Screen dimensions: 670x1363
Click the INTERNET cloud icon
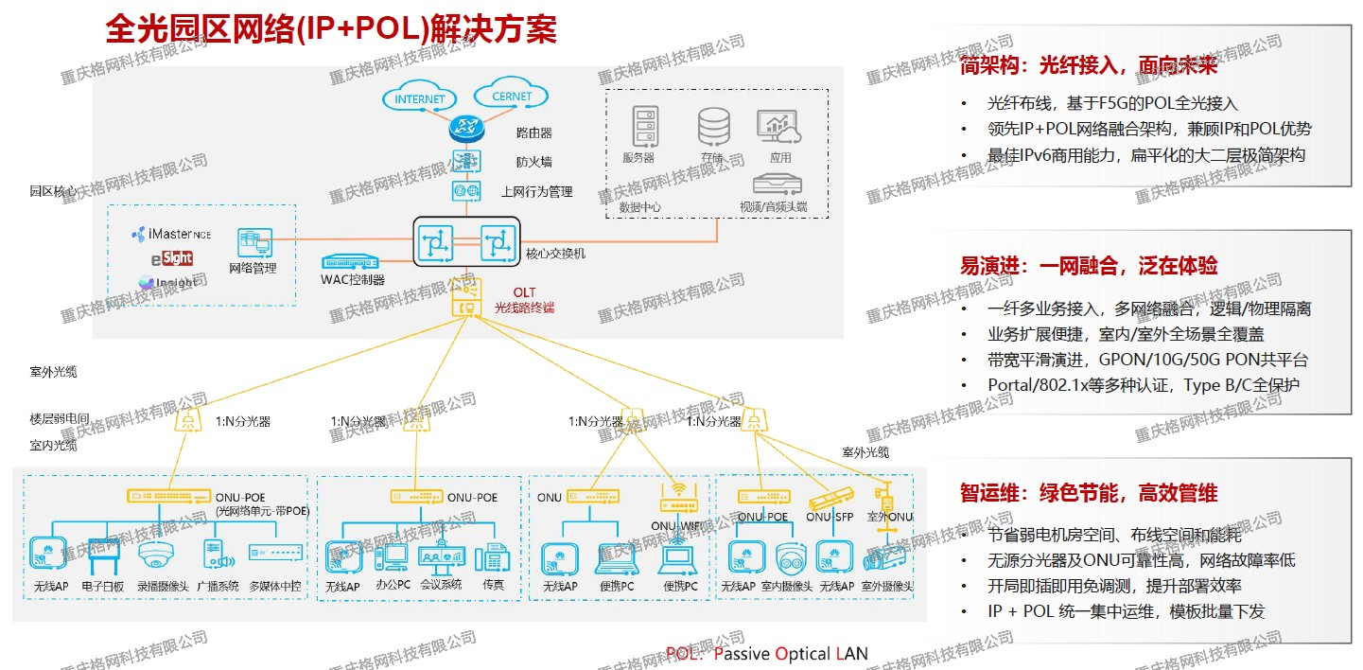[x=420, y=97]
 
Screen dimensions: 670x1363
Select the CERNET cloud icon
[x=512, y=96]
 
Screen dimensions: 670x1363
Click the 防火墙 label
[x=533, y=162]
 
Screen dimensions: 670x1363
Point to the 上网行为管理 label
[x=536, y=192]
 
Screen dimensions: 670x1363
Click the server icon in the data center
[x=643, y=126]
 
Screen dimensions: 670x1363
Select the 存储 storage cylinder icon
[x=713, y=127]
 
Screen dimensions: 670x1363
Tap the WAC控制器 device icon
[x=351, y=261]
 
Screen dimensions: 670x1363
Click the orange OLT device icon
[x=465, y=299]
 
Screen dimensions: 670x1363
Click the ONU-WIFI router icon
[x=678, y=497]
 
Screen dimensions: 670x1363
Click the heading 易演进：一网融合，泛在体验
[x=1089, y=266]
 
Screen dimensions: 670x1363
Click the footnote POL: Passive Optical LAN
[x=766, y=654]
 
